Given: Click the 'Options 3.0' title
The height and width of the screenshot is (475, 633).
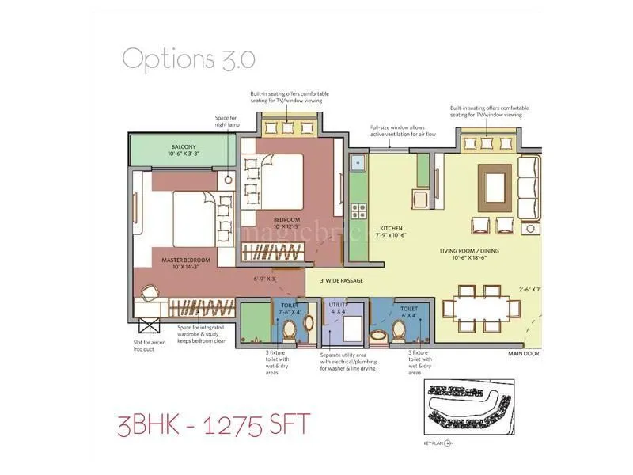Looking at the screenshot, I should tap(188, 59).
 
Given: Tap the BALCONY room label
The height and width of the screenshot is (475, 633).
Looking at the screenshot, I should tap(184, 146).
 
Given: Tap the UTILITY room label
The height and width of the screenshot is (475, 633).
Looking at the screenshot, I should tap(339, 303).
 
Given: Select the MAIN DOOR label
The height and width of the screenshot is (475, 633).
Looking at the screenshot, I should tap(523, 354).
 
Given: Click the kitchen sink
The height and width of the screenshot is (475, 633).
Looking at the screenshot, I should tap(357, 164).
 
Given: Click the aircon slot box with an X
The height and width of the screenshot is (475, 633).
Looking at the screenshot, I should tap(149, 325).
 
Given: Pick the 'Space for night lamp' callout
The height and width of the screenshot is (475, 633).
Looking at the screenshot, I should tap(226, 123).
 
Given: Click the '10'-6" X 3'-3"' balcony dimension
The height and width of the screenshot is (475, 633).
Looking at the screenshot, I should tap(184, 154).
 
